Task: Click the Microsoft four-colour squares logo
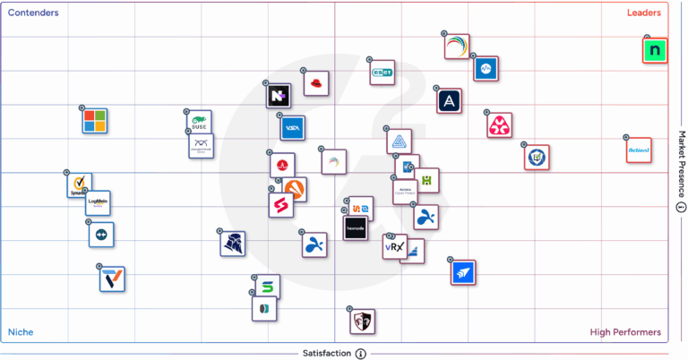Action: click(x=94, y=120)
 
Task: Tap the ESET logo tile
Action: click(x=383, y=73)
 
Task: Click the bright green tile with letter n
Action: click(x=656, y=51)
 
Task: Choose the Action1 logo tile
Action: click(x=639, y=150)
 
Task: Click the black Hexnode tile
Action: click(x=356, y=228)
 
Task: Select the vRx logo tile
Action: click(x=394, y=246)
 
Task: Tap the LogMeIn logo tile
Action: click(x=98, y=203)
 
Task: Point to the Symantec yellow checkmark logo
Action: click(x=79, y=185)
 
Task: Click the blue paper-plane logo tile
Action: click(x=462, y=272)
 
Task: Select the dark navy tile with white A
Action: click(x=449, y=100)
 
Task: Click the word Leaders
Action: click(x=643, y=13)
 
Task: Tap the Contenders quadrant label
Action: click(x=33, y=13)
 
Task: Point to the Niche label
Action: click(x=21, y=332)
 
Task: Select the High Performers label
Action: click(x=625, y=332)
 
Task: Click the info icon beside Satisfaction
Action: click(x=360, y=354)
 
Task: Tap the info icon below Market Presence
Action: click(x=681, y=208)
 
